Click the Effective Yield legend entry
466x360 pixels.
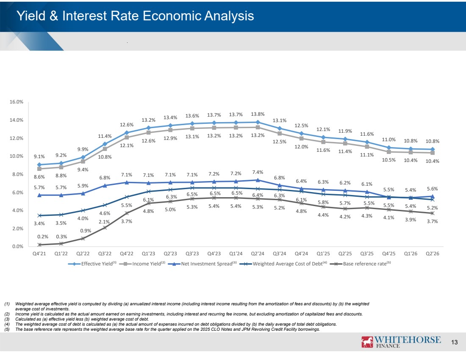point(92,264)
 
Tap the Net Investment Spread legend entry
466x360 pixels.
point(202,264)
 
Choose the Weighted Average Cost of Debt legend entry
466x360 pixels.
point(283,264)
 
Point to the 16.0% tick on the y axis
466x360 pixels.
point(17,102)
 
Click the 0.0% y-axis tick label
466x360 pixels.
point(18,246)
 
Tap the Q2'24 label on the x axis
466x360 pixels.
point(258,254)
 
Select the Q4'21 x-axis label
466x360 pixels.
point(39,254)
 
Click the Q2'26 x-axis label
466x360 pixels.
point(433,254)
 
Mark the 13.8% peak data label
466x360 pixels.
point(258,114)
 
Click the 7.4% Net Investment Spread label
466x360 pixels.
point(258,172)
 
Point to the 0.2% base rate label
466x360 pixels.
point(43,237)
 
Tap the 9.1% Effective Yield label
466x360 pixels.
point(39,156)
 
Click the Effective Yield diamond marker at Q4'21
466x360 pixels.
point(39,165)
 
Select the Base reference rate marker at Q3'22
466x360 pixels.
point(105,228)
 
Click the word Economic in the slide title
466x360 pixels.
point(172,16)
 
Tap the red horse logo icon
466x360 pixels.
point(367,342)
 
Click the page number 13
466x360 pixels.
point(455,342)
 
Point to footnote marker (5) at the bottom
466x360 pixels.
point(7,329)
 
